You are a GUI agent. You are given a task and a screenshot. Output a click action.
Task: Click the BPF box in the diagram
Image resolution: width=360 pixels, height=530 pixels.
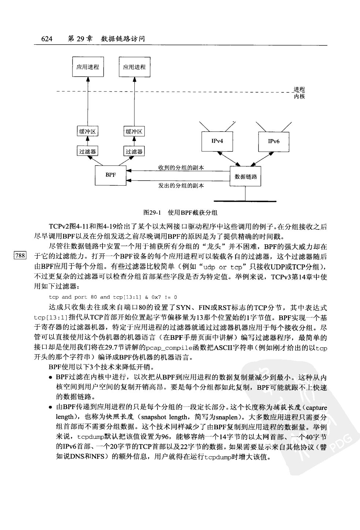coord(111,175)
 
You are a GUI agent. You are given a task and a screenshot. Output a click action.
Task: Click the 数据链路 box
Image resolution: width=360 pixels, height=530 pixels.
coord(246,177)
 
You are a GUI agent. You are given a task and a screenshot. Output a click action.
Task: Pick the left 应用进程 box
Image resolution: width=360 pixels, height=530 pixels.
coord(88,67)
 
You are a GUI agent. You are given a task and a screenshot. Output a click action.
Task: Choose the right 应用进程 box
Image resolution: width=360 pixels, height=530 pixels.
coord(134,67)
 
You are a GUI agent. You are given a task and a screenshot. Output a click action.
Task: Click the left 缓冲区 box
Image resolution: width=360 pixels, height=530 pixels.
coord(88,131)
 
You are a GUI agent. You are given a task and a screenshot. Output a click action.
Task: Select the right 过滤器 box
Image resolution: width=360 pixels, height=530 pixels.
coord(134,151)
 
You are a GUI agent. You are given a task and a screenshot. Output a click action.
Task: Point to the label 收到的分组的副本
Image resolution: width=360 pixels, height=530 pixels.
coord(181,168)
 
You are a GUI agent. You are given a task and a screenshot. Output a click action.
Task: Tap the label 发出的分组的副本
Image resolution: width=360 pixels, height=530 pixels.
coord(181,186)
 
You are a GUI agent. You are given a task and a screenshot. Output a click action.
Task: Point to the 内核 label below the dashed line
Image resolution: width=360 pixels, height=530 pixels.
coord(299,96)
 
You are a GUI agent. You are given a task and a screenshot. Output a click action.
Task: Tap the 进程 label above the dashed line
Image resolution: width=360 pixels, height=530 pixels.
coord(299,89)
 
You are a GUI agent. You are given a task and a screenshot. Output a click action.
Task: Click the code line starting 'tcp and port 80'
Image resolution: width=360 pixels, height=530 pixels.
coord(113,297)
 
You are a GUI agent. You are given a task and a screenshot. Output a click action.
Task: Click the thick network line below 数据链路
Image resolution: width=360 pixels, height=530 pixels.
coord(245,201)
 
